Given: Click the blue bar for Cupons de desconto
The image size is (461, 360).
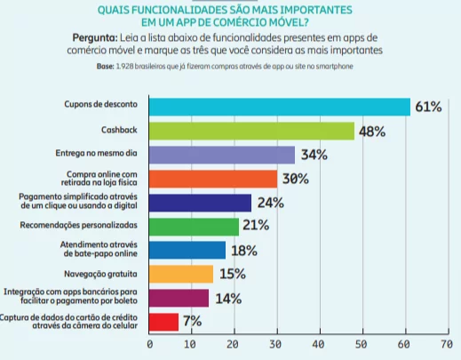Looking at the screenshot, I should click(279, 107).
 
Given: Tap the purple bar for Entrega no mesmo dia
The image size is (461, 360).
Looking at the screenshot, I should click(222, 155).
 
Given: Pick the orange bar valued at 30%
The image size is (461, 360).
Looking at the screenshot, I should click(213, 179).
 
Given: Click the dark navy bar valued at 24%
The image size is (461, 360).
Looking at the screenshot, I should click(201, 203).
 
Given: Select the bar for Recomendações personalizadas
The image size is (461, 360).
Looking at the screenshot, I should click(195, 227).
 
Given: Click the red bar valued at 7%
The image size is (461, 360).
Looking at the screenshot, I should click(164, 322).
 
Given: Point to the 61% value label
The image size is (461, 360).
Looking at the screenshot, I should click(428, 107).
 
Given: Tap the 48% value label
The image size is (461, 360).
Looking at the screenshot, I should click(371, 132).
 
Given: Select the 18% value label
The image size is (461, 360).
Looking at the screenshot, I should click(244, 251).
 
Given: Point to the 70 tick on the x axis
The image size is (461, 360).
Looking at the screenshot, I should click(445, 344).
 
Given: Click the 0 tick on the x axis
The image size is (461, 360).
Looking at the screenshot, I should click(149, 344).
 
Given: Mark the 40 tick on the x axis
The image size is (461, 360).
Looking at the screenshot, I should click(318, 344).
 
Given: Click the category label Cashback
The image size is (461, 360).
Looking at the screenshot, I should click(124, 131).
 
